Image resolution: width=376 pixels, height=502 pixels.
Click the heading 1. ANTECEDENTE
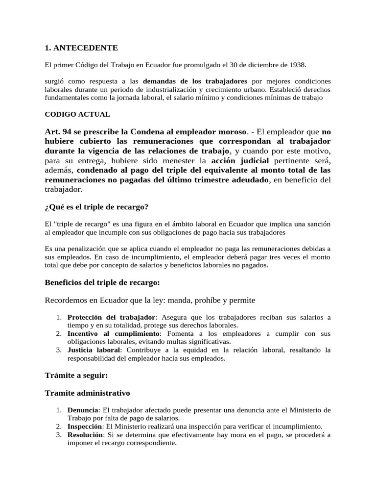point(81,48)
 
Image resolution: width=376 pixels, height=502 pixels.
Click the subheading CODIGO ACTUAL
point(77,114)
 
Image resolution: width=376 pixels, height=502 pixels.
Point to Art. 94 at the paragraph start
point(58,132)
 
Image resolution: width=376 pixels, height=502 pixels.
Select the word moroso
point(230,132)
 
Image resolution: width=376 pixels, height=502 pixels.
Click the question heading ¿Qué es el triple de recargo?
point(96,207)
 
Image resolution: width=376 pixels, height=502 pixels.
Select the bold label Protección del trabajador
point(111,317)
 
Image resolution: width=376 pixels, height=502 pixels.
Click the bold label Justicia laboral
point(93,350)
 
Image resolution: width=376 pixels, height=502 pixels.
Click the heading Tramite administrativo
point(87,393)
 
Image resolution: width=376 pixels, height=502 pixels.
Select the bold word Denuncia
point(83,410)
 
